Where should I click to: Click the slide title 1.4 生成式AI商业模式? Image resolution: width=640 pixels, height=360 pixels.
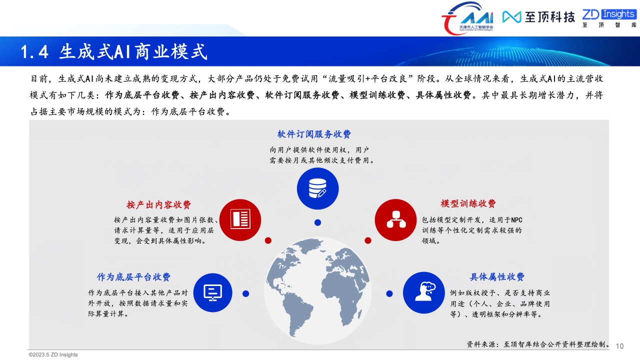point(113,51)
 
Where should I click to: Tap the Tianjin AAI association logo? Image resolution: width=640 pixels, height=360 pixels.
point(467,18)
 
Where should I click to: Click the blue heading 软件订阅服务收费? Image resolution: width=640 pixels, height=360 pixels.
point(314,134)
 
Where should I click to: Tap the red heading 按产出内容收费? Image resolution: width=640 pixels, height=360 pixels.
point(158,204)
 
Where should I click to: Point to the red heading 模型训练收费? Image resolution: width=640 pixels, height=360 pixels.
point(468,203)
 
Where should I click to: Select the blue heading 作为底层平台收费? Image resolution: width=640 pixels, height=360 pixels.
point(133,277)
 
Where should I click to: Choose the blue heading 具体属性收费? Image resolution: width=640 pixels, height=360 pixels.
point(497,276)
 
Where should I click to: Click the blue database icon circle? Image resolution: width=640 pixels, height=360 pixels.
point(317,188)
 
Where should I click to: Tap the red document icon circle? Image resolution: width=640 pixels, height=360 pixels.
point(240,220)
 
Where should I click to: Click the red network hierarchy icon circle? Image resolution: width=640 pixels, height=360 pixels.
point(395,220)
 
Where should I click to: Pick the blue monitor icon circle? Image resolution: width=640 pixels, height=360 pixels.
point(213,292)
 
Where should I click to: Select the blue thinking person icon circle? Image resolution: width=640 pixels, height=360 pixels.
point(424,292)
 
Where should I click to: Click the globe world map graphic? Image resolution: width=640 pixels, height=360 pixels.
point(317,290)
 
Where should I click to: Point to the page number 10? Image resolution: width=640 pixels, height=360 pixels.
point(619,346)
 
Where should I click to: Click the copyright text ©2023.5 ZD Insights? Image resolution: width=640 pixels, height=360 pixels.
point(53,354)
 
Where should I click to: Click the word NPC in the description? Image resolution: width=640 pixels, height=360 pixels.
point(516,220)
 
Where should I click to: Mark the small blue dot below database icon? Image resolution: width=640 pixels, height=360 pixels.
point(317,222)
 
